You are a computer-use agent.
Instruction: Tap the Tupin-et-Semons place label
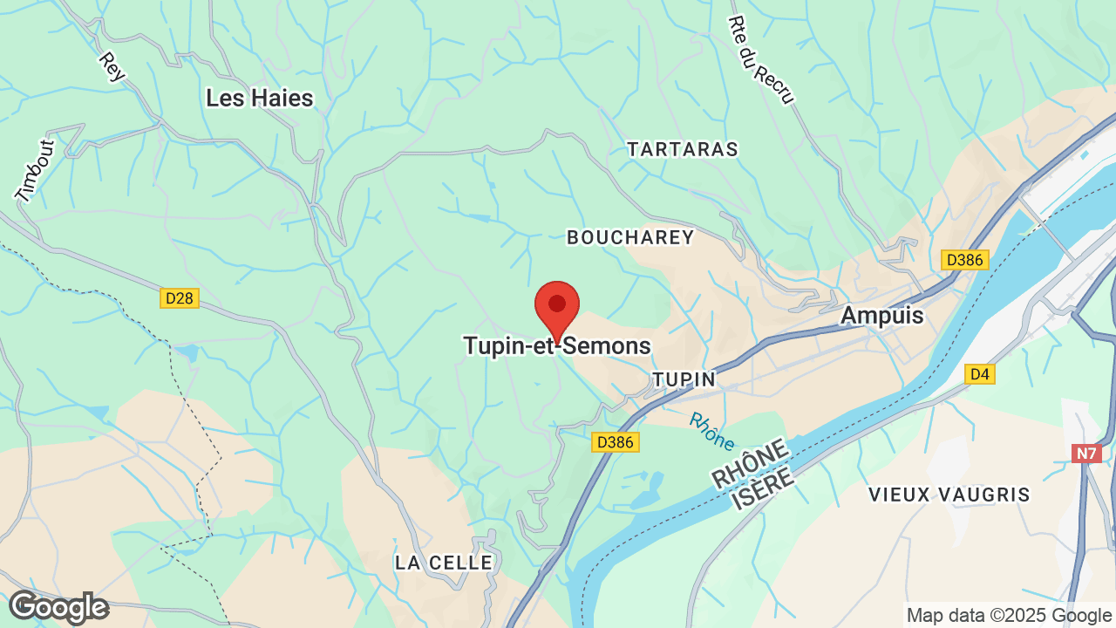(556, 346)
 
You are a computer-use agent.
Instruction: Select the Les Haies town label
(259, 99)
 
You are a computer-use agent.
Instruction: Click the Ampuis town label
(881, 316)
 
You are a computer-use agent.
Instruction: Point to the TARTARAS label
(683, 149)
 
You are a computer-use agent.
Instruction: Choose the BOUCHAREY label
(630, 237)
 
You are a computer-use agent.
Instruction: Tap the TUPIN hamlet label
(684, 379)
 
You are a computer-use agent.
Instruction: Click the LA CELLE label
(444, 563)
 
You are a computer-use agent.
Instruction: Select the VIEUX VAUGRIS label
(949, 495)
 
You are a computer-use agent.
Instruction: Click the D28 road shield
(180, 298)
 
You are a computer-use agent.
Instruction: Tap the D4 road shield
(980, 374)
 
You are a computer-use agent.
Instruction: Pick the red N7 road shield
(1085, 454)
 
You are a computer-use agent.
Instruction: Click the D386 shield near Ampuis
(964, 260)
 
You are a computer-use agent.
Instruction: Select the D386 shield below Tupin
(616, 442)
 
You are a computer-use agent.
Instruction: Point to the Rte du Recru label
(761, 59)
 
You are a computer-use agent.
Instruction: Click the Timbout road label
(35, 170)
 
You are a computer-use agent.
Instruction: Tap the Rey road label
(112, 67)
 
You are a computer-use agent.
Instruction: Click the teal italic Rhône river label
(711, 431)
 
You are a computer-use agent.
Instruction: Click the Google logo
(58, 607)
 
